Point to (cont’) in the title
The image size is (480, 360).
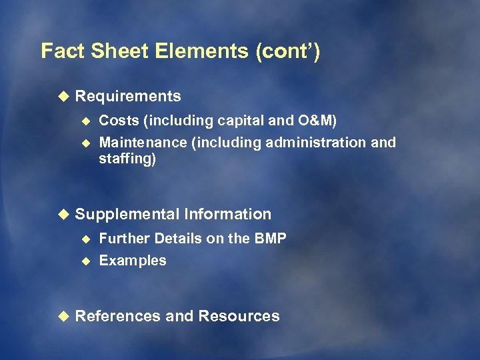[288, 51]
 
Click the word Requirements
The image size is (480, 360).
[128, 97]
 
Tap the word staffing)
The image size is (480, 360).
[127, 159]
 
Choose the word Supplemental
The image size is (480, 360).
[127, 215]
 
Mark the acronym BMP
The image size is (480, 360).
[270, 239]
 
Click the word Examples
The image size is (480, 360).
[133, 261]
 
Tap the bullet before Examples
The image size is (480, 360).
[85, 261]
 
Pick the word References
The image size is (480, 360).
[118, 316]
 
